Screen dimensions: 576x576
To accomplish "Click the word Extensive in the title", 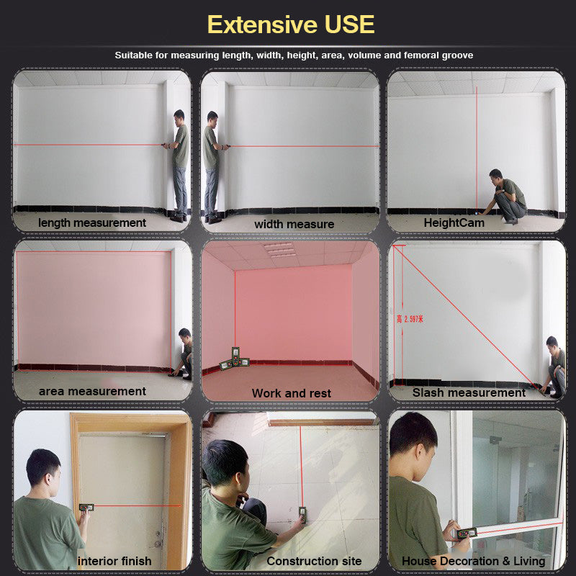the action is tap(262, 24).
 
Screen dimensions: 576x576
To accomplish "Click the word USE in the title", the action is tap(349, 24).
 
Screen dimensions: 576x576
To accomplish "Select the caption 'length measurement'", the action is tap(92, 223).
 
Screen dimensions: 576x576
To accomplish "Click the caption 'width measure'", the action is tap(294, 224).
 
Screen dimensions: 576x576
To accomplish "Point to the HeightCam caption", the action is tap(454, 223).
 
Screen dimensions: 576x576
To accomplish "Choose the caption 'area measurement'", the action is tap(92, 392).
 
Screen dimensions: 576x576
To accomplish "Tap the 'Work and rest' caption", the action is tap(292, 393).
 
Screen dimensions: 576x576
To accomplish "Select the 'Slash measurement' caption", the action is tap(469, 392).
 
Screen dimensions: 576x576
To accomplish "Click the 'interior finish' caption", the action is tap(114, 561).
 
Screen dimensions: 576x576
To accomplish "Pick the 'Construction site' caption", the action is tap(314, 561).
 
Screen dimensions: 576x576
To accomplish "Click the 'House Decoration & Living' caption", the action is tap(473, 561).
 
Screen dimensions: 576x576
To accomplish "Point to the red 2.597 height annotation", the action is tap(410, 319).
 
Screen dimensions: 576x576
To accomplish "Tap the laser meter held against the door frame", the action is tap(86, 508).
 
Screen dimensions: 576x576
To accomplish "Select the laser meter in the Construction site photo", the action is tap(302, 514).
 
